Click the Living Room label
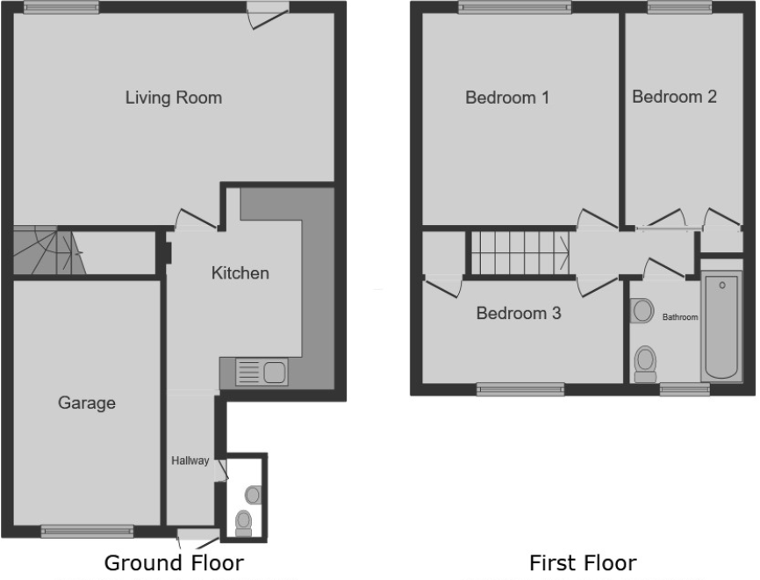point(173,98)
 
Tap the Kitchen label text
point(240,273)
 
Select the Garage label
point(87,403)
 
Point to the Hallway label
point(190,460)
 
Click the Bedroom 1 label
point(506,98)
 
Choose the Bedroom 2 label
point(674,97)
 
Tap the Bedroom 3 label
point(519,312)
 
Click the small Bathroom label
point(680,317)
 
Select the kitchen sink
point(262,373)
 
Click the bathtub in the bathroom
point(721,326)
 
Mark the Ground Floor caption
point(174,562)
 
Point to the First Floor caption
point(583,562)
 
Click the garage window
point(87,530)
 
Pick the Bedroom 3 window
point(520,389)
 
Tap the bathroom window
point(685,389)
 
